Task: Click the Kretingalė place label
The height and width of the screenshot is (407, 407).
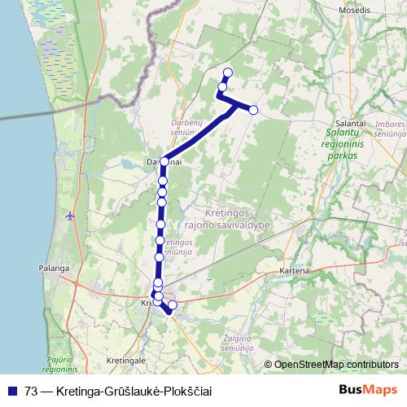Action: click(x=126, y=359)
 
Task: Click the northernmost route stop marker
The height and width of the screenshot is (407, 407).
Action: click(x=227, y=73)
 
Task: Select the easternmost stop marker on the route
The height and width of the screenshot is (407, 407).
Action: click(x=253, y=110)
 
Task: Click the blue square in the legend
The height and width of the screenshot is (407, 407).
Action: click(x=13, y=391)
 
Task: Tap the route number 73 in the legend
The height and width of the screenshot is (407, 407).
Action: click(x=33, y=391)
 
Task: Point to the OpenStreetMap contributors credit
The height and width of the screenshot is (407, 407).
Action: click(x=335, y=365)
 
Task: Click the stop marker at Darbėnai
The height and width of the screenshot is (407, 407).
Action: click(x=164, y=162)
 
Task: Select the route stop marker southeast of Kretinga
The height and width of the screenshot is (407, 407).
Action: click(x=172, y=305)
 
